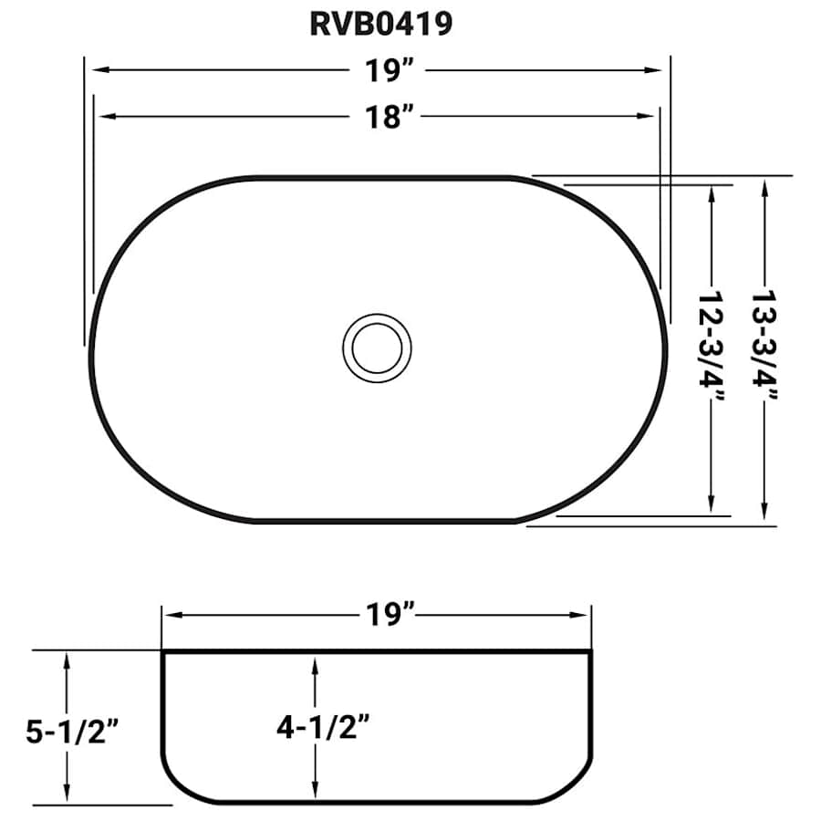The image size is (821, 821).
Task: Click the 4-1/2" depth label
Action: (315, 727)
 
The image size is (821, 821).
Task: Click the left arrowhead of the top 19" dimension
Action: (93, 70)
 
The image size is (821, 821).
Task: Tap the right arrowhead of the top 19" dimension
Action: (660, 70)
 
